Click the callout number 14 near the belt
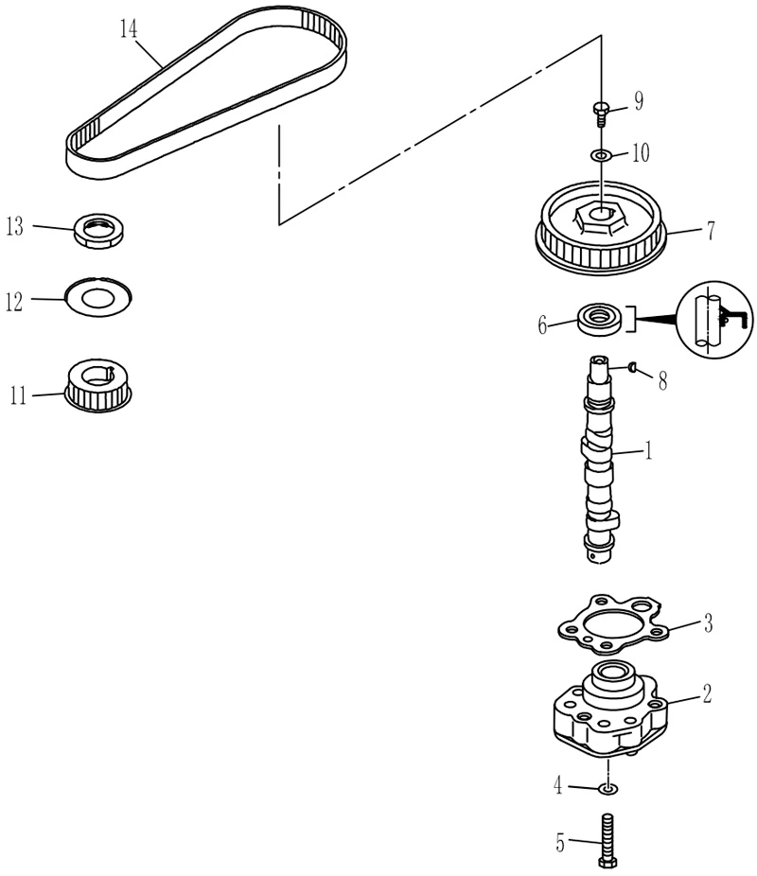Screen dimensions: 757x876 [x=129, y=28]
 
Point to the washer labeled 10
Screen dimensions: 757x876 [x=601, y=154]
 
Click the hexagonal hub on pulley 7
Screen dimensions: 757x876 [x=599, y=219]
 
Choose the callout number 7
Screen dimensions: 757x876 [x=710, y=230]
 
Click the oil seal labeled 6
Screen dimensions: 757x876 [x=599, y=319]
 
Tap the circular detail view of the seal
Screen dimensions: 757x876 [x=714, y=319]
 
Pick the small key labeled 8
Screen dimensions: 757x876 [x=632, y=366]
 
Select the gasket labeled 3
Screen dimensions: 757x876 [x=613, y=623]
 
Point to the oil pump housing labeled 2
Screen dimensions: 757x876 [x=610, y=710]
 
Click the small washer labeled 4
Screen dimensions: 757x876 [x=607, y=788]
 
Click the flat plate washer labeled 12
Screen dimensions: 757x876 [x=98, y=297]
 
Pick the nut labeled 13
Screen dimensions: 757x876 [x=99, y=231]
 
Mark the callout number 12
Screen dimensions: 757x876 [x=14, y=302]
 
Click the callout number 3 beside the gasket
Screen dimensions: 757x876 [x=708, y=622]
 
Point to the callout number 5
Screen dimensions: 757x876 [x=560, y=843]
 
